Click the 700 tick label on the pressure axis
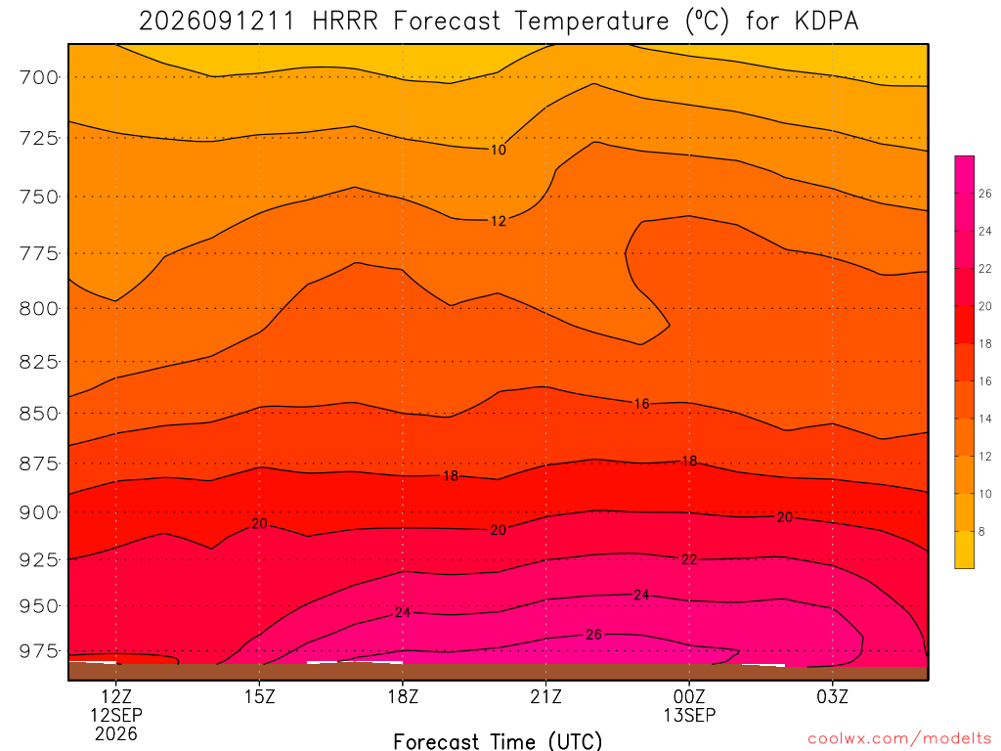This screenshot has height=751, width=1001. coord(38,77)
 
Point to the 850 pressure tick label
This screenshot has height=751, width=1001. coord(38,414)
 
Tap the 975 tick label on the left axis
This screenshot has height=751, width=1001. coord(38,651)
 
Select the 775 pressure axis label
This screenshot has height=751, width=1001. coord(38,253)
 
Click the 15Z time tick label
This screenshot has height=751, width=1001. coord(259,696)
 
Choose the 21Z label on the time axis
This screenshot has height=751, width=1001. coord(545,696)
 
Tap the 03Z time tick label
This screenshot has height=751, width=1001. coord(833,696)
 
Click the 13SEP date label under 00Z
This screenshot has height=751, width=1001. coord(689,715)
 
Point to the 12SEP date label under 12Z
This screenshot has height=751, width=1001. coord(116,715)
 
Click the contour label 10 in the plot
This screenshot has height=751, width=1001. coord(498,150)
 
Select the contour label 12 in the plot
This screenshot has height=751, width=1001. coord(498,221)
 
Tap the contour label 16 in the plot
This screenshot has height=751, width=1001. coord(641,404)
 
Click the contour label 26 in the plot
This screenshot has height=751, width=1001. coord(593,635)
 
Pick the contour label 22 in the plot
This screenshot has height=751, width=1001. coord(689,560)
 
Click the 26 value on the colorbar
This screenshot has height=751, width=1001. coord(985,194)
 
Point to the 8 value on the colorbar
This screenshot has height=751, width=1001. coord(981,531)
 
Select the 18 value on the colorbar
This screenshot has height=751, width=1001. coord(985,343)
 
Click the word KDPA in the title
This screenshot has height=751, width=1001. coord(827,22)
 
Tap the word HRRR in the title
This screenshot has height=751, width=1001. coord(345,22)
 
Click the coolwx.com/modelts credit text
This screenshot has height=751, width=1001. coord(899,739)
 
